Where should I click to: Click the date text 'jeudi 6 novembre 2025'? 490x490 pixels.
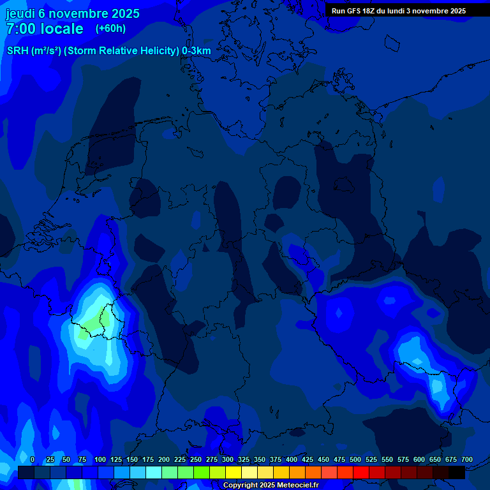click(73, 13)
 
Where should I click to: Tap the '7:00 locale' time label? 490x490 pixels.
click(45, 29)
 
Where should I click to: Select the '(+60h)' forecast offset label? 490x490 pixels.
click(110, 29)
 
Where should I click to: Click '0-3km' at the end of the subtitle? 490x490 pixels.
click(197, 51)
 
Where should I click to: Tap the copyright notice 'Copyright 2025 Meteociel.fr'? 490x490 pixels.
click(271, 486)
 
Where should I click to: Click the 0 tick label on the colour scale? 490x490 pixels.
click(33, 459)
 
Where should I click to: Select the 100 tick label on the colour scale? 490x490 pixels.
click(100, 459)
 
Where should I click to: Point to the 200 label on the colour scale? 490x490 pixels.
click(163, 459)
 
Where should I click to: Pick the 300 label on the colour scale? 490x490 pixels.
click(227, 459)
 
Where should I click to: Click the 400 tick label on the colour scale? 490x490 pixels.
click(291, 459)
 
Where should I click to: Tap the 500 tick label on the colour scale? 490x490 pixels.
click(355, 459)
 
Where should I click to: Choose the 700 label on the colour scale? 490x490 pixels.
click(466, 459)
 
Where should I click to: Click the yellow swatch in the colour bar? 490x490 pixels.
click(233, 473)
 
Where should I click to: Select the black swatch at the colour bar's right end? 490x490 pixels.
click(457, 473)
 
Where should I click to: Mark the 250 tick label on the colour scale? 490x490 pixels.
click(195, 459)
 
